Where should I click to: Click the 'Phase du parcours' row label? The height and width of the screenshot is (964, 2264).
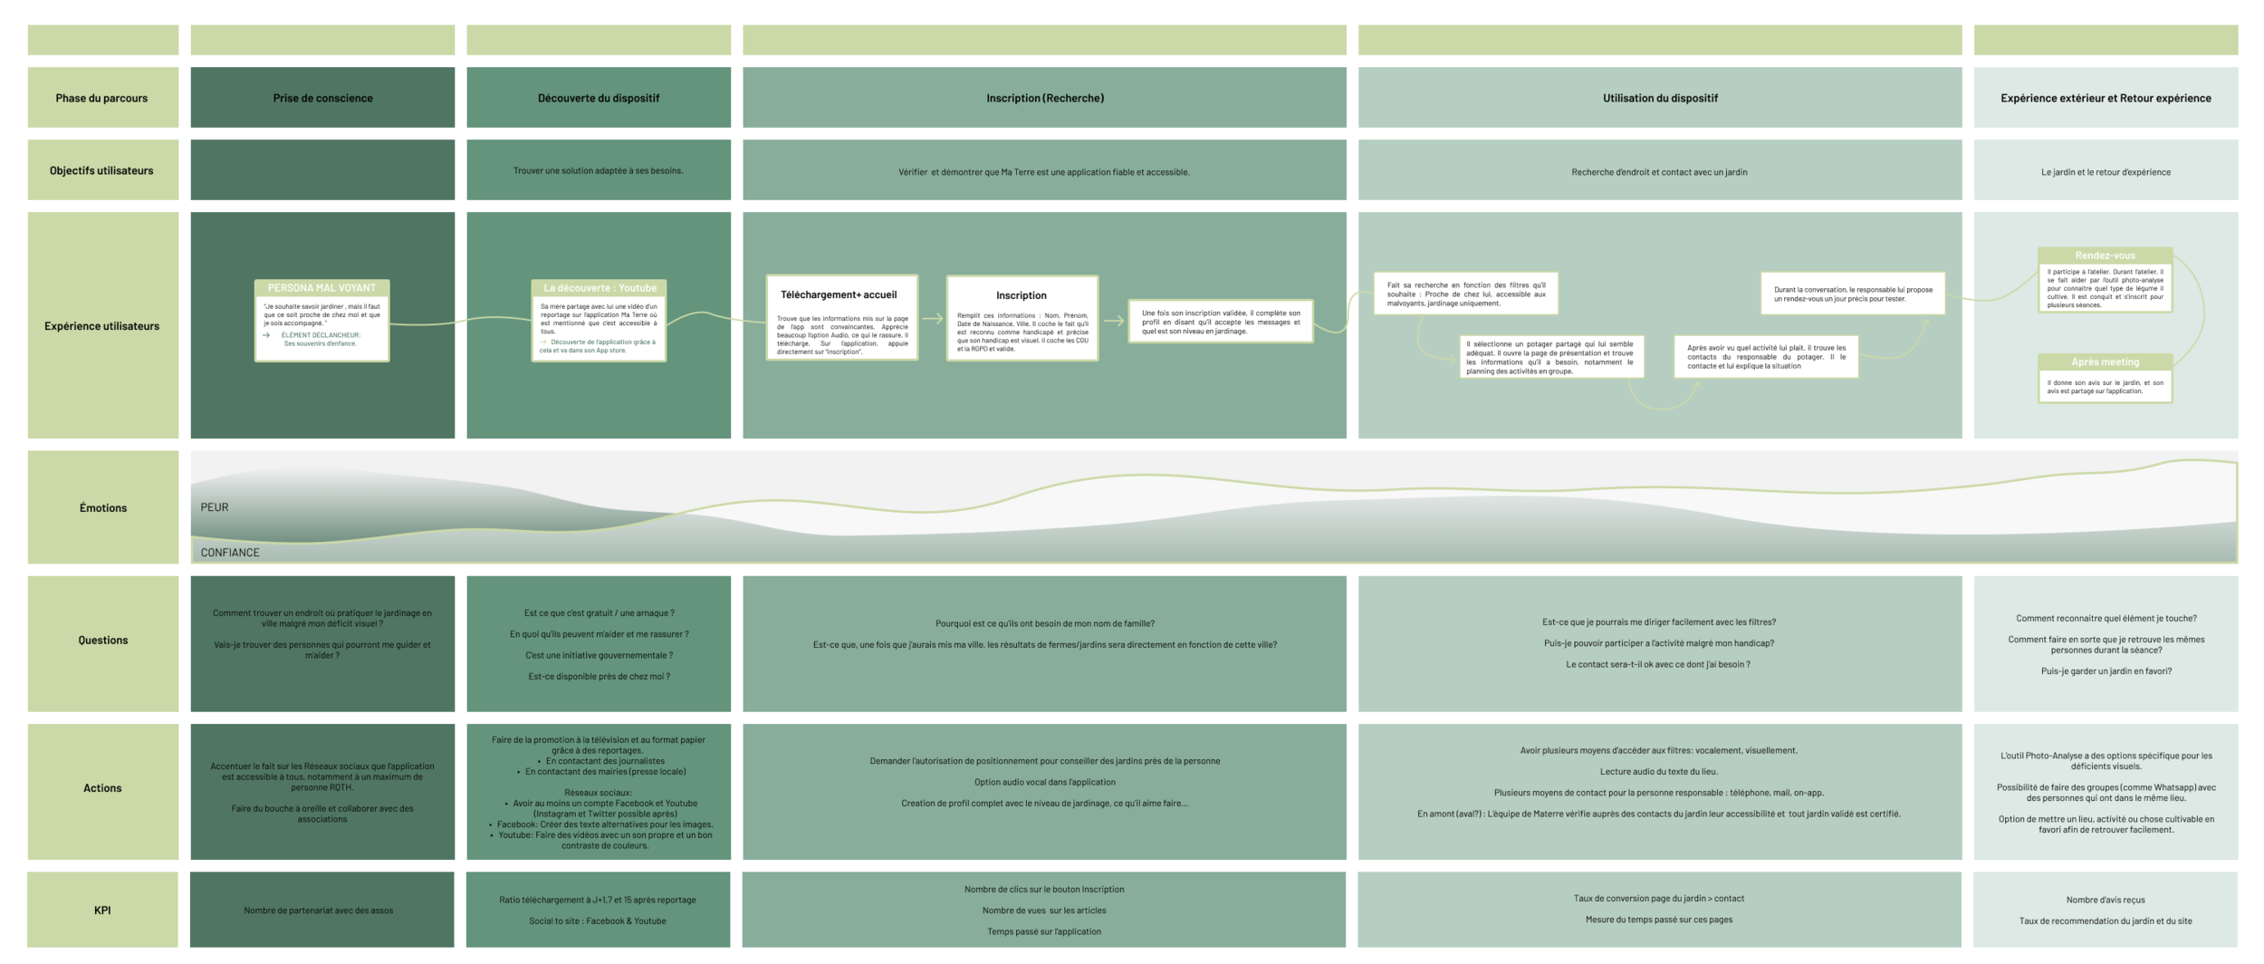click(101, 98)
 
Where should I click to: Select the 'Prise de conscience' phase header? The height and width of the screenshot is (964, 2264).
click(322, 98)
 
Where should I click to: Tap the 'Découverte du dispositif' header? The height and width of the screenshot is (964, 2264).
click(599, 98)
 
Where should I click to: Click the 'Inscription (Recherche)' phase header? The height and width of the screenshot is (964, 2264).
click(1045, 98)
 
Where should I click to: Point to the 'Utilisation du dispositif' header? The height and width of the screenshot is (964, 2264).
click(1660, 98)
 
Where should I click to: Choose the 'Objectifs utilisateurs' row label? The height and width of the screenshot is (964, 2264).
click(101, 170)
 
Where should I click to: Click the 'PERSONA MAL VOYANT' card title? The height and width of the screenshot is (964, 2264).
click(321, 288)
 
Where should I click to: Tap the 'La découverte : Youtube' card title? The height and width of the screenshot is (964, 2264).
click(600, 288)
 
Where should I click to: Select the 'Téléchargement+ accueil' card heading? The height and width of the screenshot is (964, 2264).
click(839, 294)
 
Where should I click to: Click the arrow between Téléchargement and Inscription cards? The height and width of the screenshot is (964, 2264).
click(933, 319)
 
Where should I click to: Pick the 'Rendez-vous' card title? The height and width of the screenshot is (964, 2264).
click(2105, 255)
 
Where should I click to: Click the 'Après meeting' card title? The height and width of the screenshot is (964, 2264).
click(2105, 361)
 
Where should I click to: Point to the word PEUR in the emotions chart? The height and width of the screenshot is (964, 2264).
click(215, 507)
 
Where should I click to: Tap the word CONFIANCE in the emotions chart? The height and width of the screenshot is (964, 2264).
click(230, 553)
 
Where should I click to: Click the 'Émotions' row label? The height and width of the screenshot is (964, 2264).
click(103, 508)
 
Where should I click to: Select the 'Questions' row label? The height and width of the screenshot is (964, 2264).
click(103, 641)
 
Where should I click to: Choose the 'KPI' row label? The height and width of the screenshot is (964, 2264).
click(102, 911)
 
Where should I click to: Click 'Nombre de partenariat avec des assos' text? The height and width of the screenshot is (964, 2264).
click(319, 911)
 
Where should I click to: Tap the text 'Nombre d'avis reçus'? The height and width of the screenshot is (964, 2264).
click(2106, 900)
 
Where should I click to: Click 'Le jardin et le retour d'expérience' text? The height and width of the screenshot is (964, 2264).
click(2106, 172)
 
